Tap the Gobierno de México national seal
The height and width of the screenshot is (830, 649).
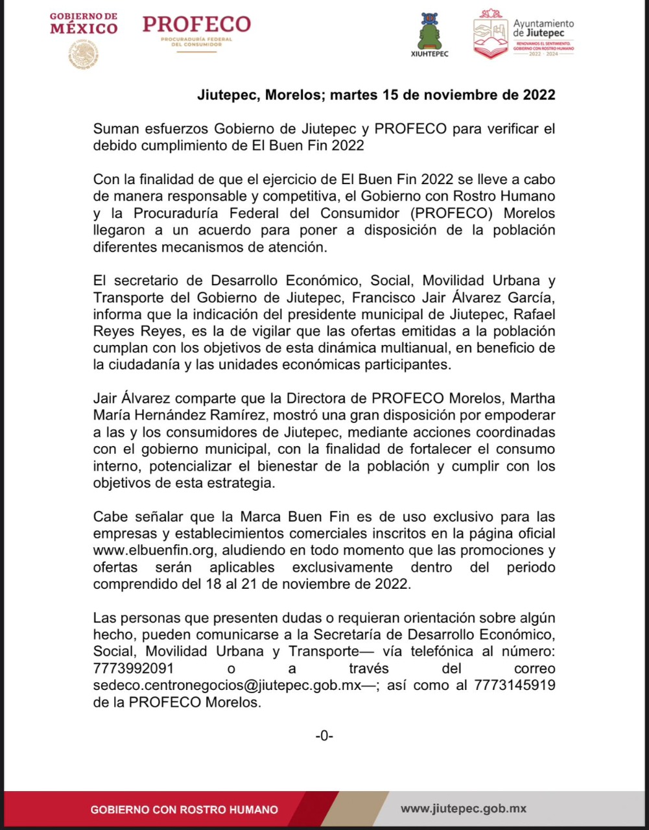(83, 54)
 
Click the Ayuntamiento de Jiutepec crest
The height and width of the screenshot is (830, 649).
(490, 34)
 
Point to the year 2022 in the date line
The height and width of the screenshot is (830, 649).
(539, 95)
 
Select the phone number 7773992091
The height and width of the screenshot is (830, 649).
(133, 669)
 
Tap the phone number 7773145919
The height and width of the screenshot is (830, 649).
(514, 685)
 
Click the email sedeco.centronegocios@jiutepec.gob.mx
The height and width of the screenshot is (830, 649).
(225, 685)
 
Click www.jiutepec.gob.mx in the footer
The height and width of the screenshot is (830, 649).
(463, 809)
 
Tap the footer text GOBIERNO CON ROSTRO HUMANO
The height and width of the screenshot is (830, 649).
(184, 810)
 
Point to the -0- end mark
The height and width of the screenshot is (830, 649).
(324, 735)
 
